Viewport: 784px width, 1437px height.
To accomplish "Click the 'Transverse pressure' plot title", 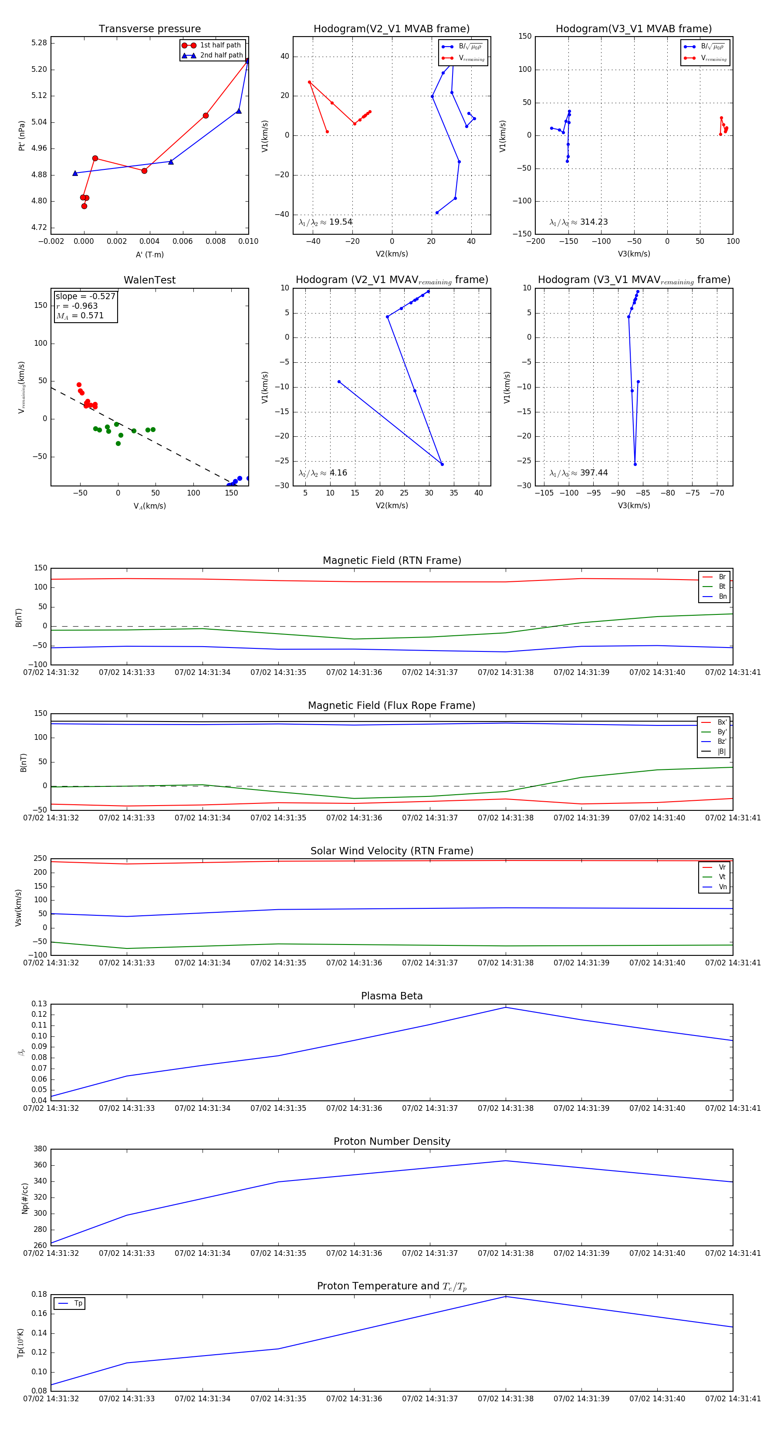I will click(x=149, y=29).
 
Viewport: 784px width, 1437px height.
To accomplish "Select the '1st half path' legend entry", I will click(x=220, y=45).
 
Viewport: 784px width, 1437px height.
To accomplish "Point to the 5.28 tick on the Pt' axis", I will click(x=39, y=43).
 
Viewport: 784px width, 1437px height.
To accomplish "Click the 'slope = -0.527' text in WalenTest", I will click(x=85, y=296).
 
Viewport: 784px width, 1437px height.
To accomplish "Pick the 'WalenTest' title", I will click(x=149, y=280).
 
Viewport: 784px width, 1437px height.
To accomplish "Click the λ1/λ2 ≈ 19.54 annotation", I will click(x=325, y=222).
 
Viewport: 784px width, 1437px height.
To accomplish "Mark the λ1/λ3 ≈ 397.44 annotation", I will click(x=579, y=473).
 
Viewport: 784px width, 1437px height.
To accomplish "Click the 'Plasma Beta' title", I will click(x=392, y=996).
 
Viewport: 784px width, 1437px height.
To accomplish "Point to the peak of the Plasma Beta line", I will click(x=506, y=1007).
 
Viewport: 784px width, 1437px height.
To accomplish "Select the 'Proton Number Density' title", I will click(x=392, y=1141).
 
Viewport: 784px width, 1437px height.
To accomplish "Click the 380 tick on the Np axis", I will click(x=40, y=1149).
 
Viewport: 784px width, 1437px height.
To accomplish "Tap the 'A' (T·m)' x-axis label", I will click(x=149, y=254).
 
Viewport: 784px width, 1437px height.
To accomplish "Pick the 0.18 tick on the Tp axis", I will click(x=39, y=1294).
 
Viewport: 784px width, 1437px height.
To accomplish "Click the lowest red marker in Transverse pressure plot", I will click(x=84, y=206).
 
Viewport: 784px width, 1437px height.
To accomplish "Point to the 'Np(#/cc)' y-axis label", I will click(x=24, y=1197).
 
